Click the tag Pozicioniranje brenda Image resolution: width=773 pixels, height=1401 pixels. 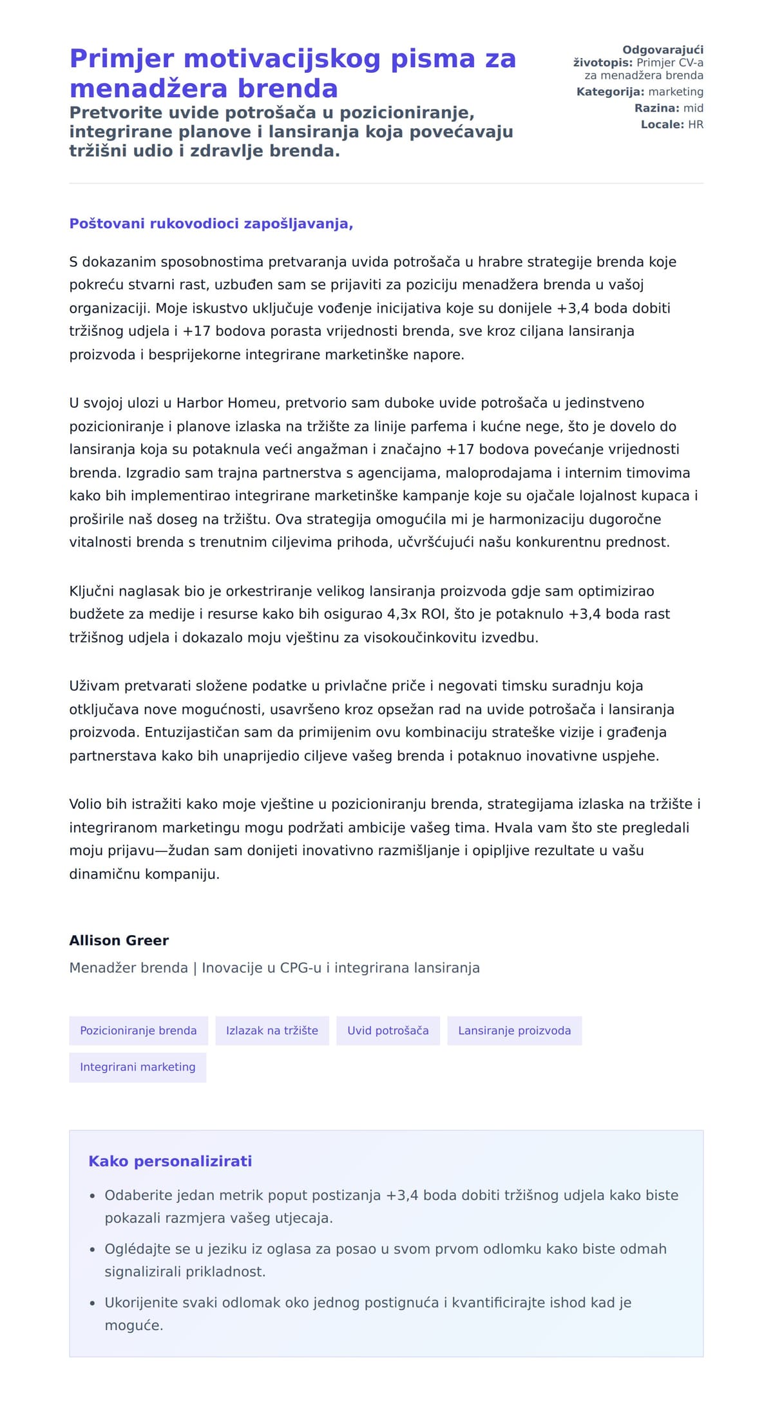(x=138, y=1030)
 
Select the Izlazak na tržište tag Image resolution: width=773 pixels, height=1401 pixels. (x=272, y=1030)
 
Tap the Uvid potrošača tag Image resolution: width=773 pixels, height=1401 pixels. (x=388, y=1030)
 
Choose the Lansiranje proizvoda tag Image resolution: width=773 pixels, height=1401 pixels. (x=514, y=1030)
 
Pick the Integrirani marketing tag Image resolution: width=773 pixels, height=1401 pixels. (x=137, y=1067)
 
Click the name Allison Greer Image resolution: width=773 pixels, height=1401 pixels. (x=119, y=940)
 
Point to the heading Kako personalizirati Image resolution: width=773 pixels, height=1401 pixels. (x=170, y=1161)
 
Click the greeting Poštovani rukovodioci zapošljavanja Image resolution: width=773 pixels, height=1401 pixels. (x=211, y=224)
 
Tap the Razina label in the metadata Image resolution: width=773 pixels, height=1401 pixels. (x=656, y=108)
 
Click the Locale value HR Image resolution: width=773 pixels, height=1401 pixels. (x=696, y=124)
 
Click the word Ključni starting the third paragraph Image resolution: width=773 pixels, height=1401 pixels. (x=92, y=591)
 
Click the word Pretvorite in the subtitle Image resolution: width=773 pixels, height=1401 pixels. (x=108, y=113)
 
